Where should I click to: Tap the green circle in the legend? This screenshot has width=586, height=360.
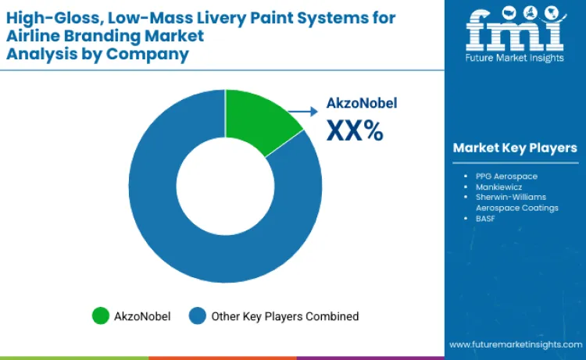click(100, 316)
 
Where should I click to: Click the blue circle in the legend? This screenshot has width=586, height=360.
click(198, 316)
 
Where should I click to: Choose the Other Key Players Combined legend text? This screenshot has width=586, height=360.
click(284, 316)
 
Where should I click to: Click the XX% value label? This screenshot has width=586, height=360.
click(355, 130)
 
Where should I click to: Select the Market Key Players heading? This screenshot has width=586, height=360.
click(514, 148)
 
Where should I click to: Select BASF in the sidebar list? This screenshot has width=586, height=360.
click(487, 219)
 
